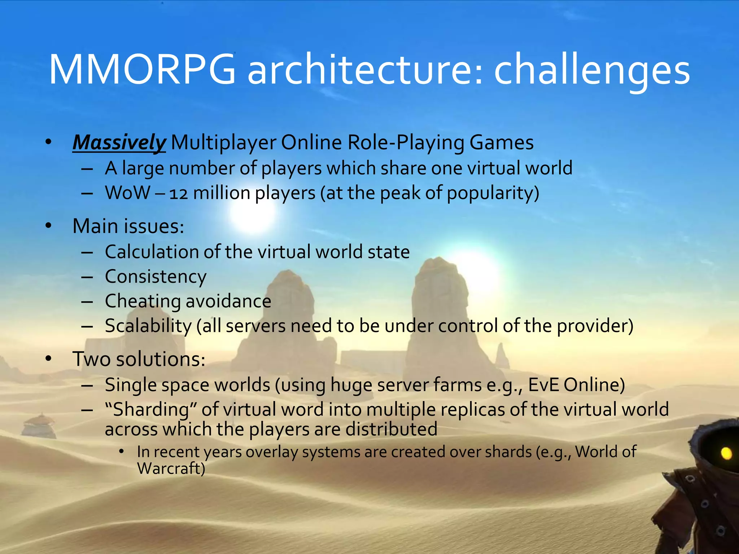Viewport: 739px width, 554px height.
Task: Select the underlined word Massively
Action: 119,142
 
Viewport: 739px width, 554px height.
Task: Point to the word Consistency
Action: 156,277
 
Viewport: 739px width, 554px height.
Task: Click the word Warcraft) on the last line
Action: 171,469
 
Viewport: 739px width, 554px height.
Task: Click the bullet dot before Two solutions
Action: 49,359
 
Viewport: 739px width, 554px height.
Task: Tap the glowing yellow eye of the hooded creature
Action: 726,453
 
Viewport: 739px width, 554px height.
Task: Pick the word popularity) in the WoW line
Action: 493,194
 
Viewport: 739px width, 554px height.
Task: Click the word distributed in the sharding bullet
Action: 391,429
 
